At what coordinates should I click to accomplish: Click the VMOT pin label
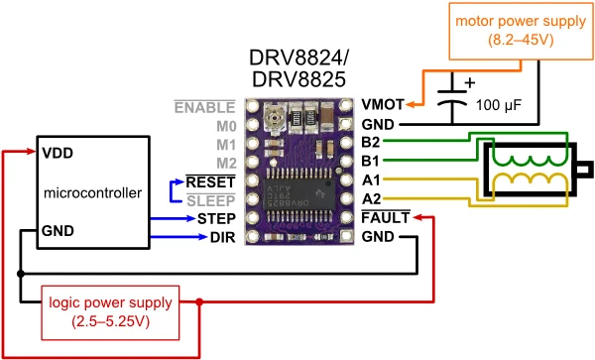[x=383, y=104]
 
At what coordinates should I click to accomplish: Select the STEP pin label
[x=216, y=219]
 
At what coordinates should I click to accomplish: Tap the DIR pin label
[x=223, y=237]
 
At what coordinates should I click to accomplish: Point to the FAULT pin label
[x=386, y=218]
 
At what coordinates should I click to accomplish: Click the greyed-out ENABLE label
[x=205, y=108]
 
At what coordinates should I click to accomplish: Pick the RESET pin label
[x=210, y=182]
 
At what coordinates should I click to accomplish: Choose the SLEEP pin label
[x=211, y=200]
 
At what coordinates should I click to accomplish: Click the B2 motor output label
[x=370, y=142]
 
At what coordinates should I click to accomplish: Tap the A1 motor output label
[x=371, y=180]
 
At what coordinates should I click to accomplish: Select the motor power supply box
[x=521, y=31]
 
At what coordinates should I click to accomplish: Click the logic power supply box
[x=110, y=312]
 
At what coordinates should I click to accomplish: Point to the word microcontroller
[x=92, y=193]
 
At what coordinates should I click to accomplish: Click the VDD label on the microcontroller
[x=58, y=154]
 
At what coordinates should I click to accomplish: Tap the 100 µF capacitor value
[x=499, y=105]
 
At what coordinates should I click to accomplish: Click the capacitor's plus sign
[x=470, y=82]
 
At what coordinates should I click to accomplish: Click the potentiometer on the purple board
[x=273, y=117]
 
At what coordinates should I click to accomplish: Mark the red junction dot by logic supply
[x=199, y=301]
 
